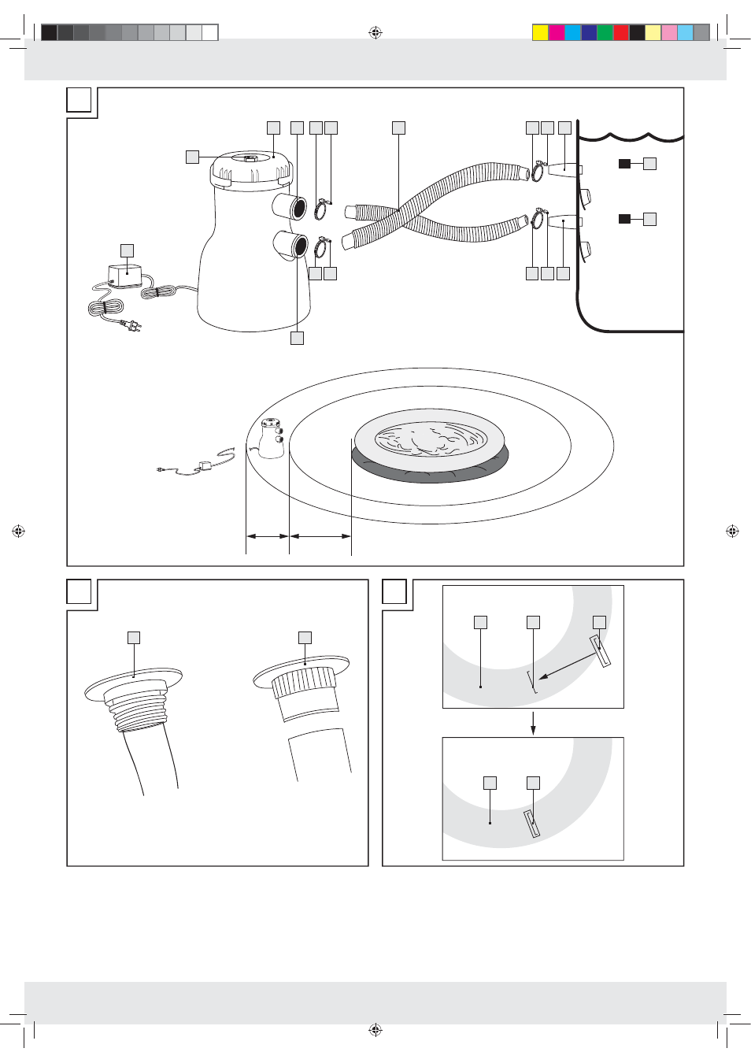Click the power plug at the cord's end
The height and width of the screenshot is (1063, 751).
(134, 324)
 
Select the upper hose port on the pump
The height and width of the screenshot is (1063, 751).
(290, 207)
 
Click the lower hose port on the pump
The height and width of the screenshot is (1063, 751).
(290, 245)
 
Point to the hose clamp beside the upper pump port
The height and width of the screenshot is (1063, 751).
(321, 210)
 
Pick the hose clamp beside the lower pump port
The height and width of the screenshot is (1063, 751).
(321, 248)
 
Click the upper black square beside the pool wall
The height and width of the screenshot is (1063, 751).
(624, 164)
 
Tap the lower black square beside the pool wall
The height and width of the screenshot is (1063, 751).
(624, 219)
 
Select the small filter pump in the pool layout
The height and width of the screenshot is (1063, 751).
(271, 439)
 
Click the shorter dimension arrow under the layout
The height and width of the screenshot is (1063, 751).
(268, 536)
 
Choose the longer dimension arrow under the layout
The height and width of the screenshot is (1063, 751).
(320, 536)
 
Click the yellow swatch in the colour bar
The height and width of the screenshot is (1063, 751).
(540, 32)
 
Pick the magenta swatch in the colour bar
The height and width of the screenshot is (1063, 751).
(556, 32)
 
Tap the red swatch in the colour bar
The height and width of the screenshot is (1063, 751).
(620, 32)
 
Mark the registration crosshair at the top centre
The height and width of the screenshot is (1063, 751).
(375, 32)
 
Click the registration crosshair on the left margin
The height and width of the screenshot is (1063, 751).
(18, 531)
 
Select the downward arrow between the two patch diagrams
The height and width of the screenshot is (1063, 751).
(533, 723)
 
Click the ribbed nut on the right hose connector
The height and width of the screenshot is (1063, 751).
(304, 682)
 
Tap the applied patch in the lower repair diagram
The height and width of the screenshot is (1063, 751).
(532, 824)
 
